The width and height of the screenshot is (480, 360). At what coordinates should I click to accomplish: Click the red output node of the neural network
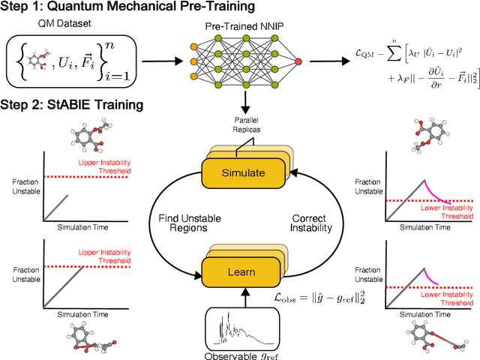[299, 60]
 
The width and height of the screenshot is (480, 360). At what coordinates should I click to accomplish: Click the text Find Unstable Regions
[189, 224]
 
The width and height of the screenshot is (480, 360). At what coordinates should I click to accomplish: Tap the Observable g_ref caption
[240, 353]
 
